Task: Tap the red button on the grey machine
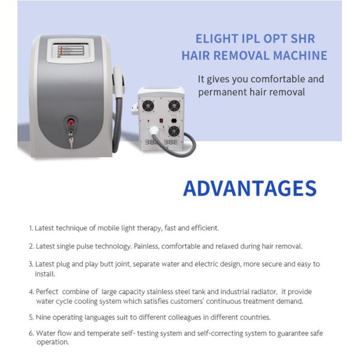tap(71, 121)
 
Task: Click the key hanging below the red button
tap(71, 139)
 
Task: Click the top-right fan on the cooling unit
tap(173, 106)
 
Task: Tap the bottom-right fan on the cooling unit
tap(173, 130)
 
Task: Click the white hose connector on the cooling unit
tap(155, 130)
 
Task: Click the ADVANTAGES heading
tap(250, 188)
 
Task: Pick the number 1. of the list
tap(31, 228)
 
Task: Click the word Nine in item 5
tap(44, 317)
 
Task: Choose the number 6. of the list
tap(31, 333)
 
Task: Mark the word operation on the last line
tap(52, 342)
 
